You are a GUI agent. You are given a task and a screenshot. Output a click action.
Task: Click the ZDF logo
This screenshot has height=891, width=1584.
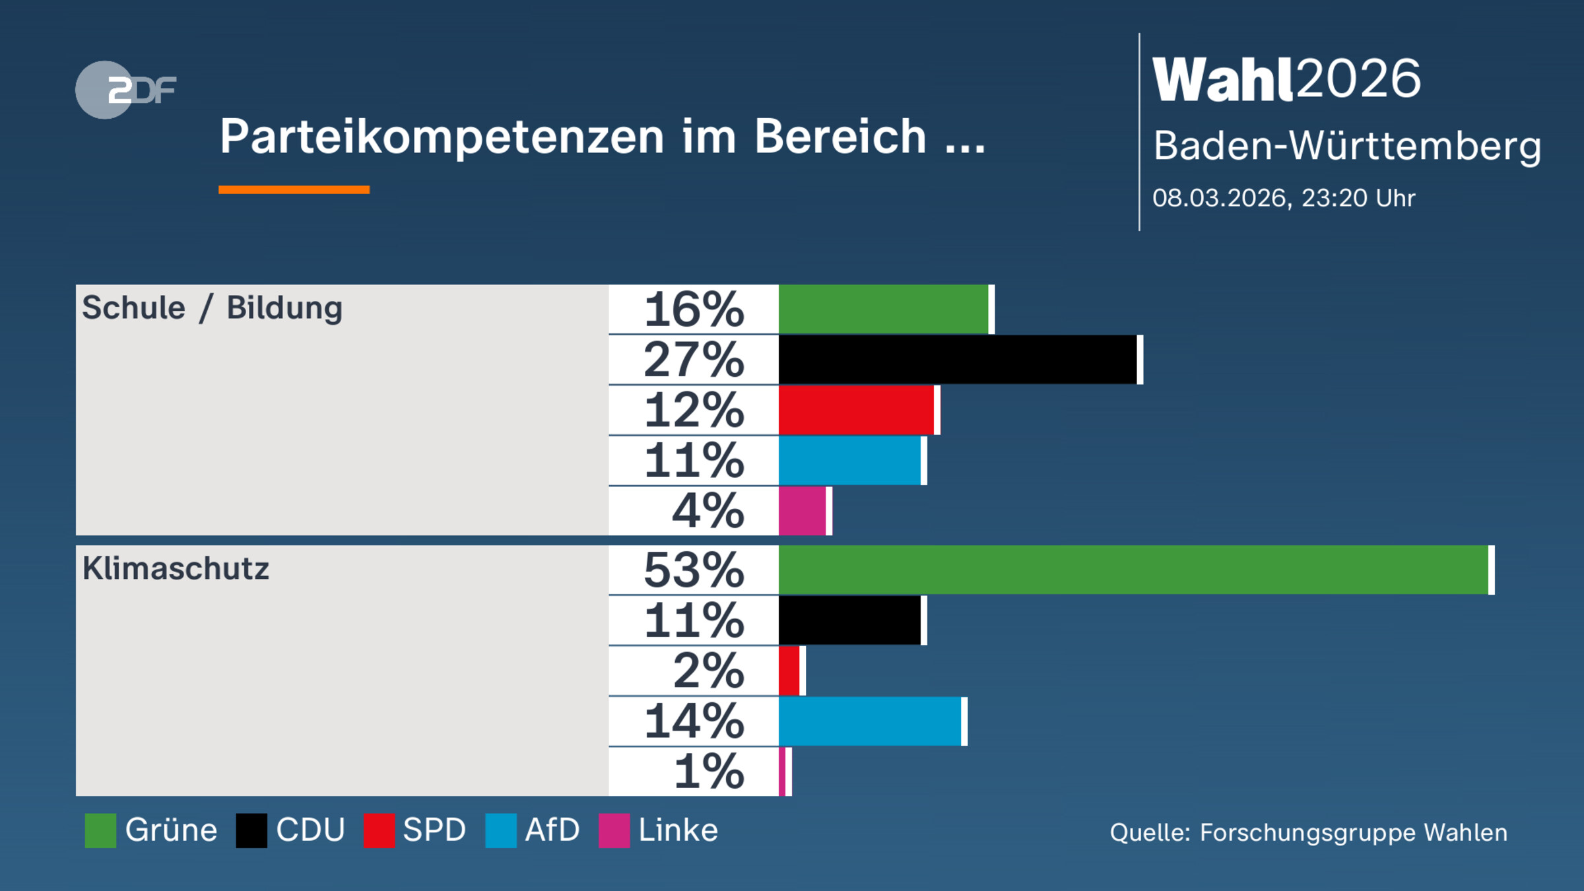pyautogui.click(x=125, y=90)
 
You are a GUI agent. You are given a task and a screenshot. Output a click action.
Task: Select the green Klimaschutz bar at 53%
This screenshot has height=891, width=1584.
pyautogui.click(x=1133, y=570)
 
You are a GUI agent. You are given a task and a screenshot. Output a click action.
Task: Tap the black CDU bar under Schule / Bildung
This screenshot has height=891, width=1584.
pyautogui.click(x=957, y=360)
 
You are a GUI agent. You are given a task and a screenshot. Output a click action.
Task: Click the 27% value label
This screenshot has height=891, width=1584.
pyautogui.click(x=694, y=360)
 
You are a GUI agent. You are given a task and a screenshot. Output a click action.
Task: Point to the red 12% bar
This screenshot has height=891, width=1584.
pyautogui.click(x=856, y=411)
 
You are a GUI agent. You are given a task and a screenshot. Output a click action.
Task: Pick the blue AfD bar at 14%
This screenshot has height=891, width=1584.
pyautogui.click(x=869, y=721)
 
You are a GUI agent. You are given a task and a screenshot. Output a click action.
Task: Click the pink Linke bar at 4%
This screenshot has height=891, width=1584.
pyautogui.click(x=802, y=511)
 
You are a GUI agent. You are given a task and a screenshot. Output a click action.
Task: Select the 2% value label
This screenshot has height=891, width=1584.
pyautogui.click(x=708, y=671)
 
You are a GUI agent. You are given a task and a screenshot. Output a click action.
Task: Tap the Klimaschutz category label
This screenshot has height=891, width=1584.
pyautogui.click(x=176, y=569)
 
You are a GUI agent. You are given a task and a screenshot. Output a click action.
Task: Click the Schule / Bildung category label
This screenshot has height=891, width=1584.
pyautogui.click(x=212, y=308)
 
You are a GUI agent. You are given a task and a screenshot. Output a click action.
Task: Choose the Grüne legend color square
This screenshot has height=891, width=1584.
pyautogui.click(x=100, y=830)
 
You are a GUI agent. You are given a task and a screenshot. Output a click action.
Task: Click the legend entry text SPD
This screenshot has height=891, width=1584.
pyautogui.click(x=434, y=830)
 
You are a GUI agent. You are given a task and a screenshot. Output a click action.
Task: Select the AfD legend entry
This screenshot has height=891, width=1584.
pyautogui.click(x=552, y=830)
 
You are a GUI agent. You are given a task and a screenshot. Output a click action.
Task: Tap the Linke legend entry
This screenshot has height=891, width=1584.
pyautogui.click(x=678, y=830)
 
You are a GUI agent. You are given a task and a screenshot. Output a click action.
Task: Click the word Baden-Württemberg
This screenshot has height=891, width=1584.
pyautogui.click(x=1347, y=146)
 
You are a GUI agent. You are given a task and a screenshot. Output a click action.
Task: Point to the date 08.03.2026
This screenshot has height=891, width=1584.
pyautogui.click(x=1220, y=199)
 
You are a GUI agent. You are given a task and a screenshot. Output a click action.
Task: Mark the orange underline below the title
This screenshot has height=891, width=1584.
pyautogui.click(x=294, y=190)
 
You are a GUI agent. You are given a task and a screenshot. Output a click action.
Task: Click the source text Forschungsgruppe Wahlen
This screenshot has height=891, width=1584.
pyautogui.click(x=1353, y=833)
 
